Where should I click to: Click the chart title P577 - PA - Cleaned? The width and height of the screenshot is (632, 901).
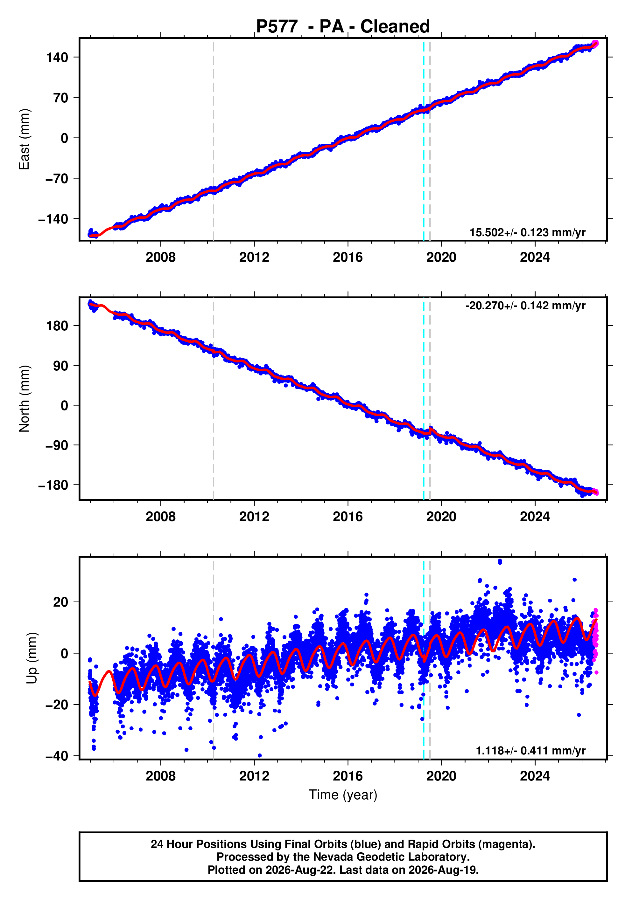click(343, 26)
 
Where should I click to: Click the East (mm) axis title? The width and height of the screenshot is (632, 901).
click(24, 139)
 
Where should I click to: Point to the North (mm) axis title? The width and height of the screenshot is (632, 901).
click(24, 399)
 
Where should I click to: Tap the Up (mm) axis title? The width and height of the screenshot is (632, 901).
click(32, 658)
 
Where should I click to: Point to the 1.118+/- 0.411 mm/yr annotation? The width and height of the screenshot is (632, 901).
click(531, 751)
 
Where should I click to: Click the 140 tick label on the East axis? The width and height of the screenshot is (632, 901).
click(57, 57)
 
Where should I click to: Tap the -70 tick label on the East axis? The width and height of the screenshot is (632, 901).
click(57, 179)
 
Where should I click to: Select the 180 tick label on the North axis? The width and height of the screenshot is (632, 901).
click(57, 326)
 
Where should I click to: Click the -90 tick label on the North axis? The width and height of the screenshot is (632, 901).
click(57, 445)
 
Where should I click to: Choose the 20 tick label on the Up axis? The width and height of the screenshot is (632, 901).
click(60, 602)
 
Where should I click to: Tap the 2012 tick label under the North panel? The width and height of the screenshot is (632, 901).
click(254, 517)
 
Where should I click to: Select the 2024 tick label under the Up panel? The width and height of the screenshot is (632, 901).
click(535, 776)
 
